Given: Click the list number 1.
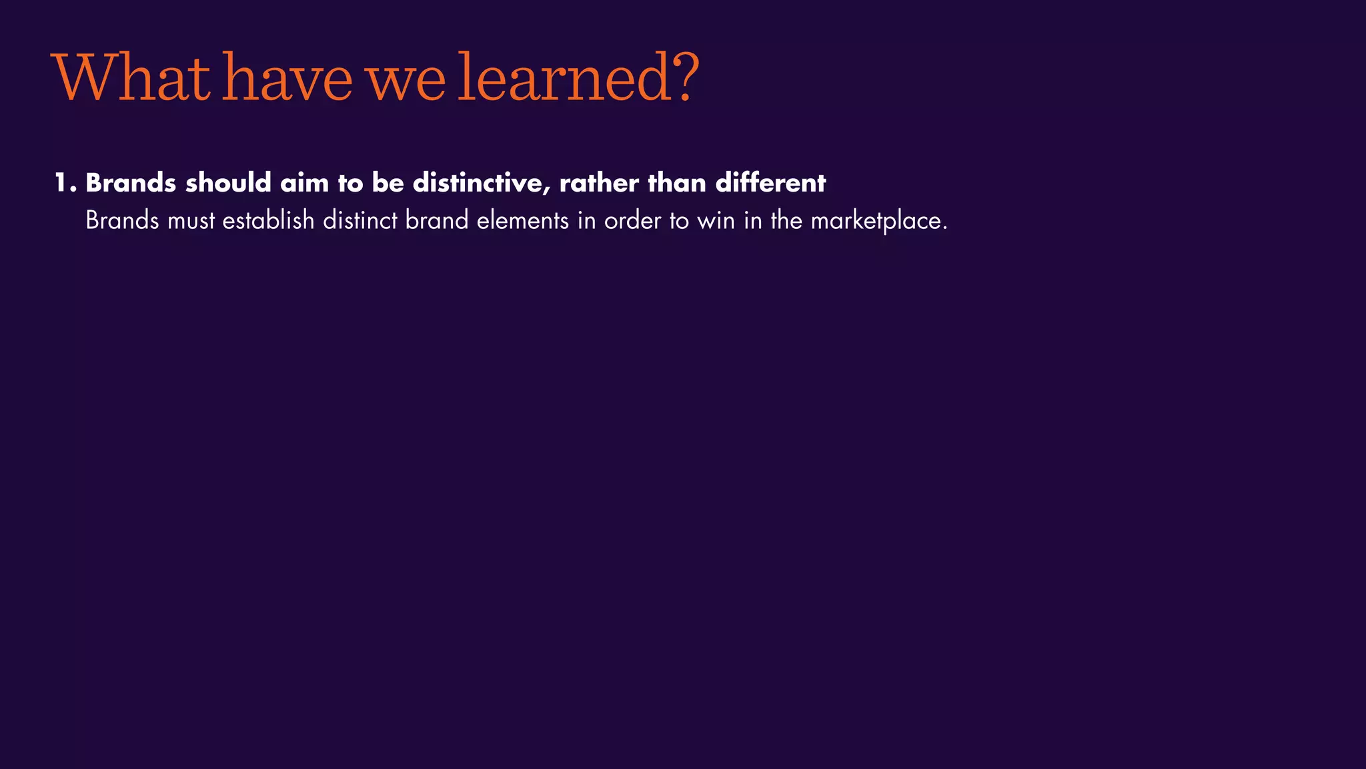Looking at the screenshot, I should (x=64, y=183).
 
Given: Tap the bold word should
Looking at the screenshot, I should (x=228, y=183).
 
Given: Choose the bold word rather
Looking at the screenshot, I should (x=599, y=183).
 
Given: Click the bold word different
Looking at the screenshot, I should (x=770, y=183).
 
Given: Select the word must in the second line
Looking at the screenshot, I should (x=191, y=221).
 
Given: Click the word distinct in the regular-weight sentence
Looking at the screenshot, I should (x=360, y=221).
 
